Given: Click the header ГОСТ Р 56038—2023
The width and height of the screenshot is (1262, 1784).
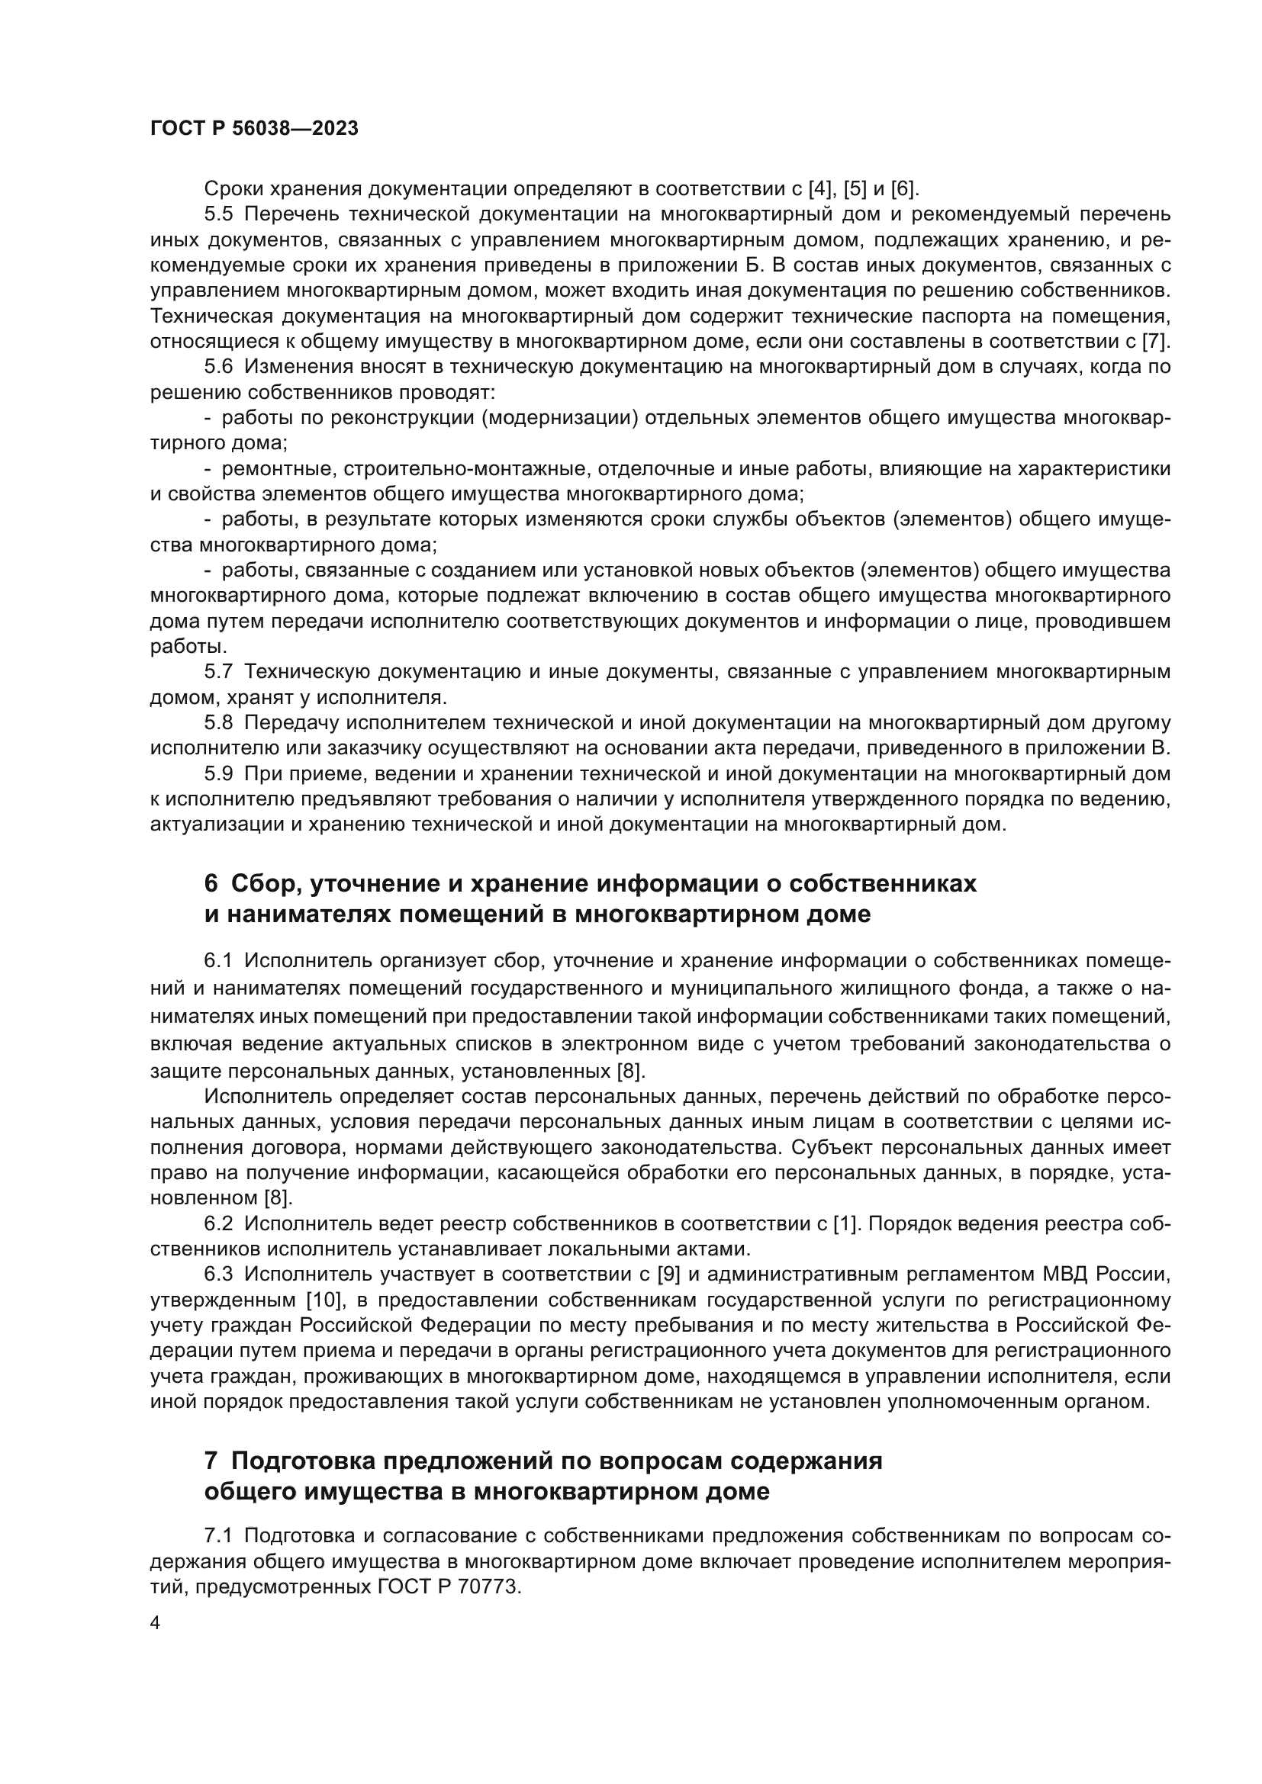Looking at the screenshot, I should click(254, 129).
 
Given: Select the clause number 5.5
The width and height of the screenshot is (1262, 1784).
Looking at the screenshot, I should click(218, 214).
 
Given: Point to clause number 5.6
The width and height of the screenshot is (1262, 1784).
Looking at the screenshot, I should click(218, 367).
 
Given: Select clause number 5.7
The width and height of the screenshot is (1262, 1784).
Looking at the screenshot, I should click(218, 672).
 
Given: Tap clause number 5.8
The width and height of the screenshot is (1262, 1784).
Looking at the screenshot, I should click(218, 723).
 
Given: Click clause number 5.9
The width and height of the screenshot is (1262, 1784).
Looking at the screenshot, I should click(218, 774).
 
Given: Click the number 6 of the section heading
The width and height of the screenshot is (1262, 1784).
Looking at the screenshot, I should click(211, 883).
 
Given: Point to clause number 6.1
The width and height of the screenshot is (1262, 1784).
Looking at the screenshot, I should click(218, 961).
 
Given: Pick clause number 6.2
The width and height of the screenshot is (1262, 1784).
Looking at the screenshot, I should click(218, 1223).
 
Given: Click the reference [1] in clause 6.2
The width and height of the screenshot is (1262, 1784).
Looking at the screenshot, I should click(845, 1223).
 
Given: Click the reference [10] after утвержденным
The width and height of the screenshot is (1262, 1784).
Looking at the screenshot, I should click(326, 1300).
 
